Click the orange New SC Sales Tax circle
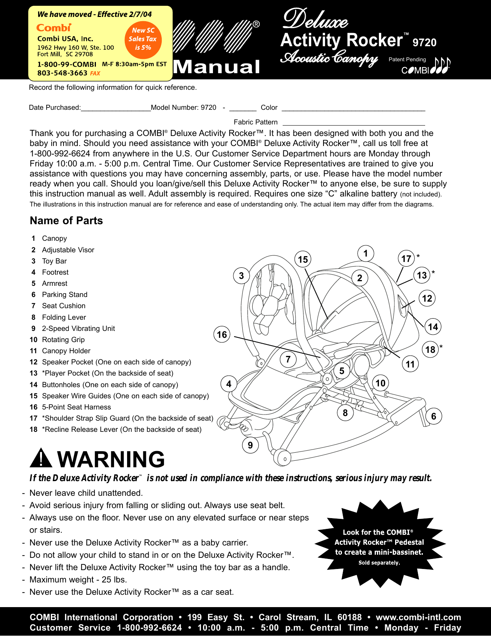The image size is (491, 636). tap(143, 39)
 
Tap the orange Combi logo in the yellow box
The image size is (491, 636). tap(54, 28)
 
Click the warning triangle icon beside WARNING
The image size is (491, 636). tap(40, 458)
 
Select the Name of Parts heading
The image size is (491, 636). tap(66, 221)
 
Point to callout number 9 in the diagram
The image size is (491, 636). tap(250, 445)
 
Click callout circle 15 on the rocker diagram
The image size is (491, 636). tap(303, 260)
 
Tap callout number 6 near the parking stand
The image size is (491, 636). tap(434, 416)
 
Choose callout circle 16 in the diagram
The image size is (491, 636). tap(222, 334)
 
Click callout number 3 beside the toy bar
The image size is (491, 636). tap(241, 276)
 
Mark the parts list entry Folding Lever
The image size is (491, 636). tap(64, 317)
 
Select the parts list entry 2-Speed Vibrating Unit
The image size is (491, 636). tap(78, 329)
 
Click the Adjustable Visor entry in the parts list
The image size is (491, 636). tap(68, 250)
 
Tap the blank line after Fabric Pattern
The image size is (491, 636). tap(354, 124)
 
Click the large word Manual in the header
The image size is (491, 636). tap(217, 67)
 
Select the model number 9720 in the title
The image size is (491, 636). tap(424, 42)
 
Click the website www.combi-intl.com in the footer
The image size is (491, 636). tap(418, 618)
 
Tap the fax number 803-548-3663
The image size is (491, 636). tap(62, 73)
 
